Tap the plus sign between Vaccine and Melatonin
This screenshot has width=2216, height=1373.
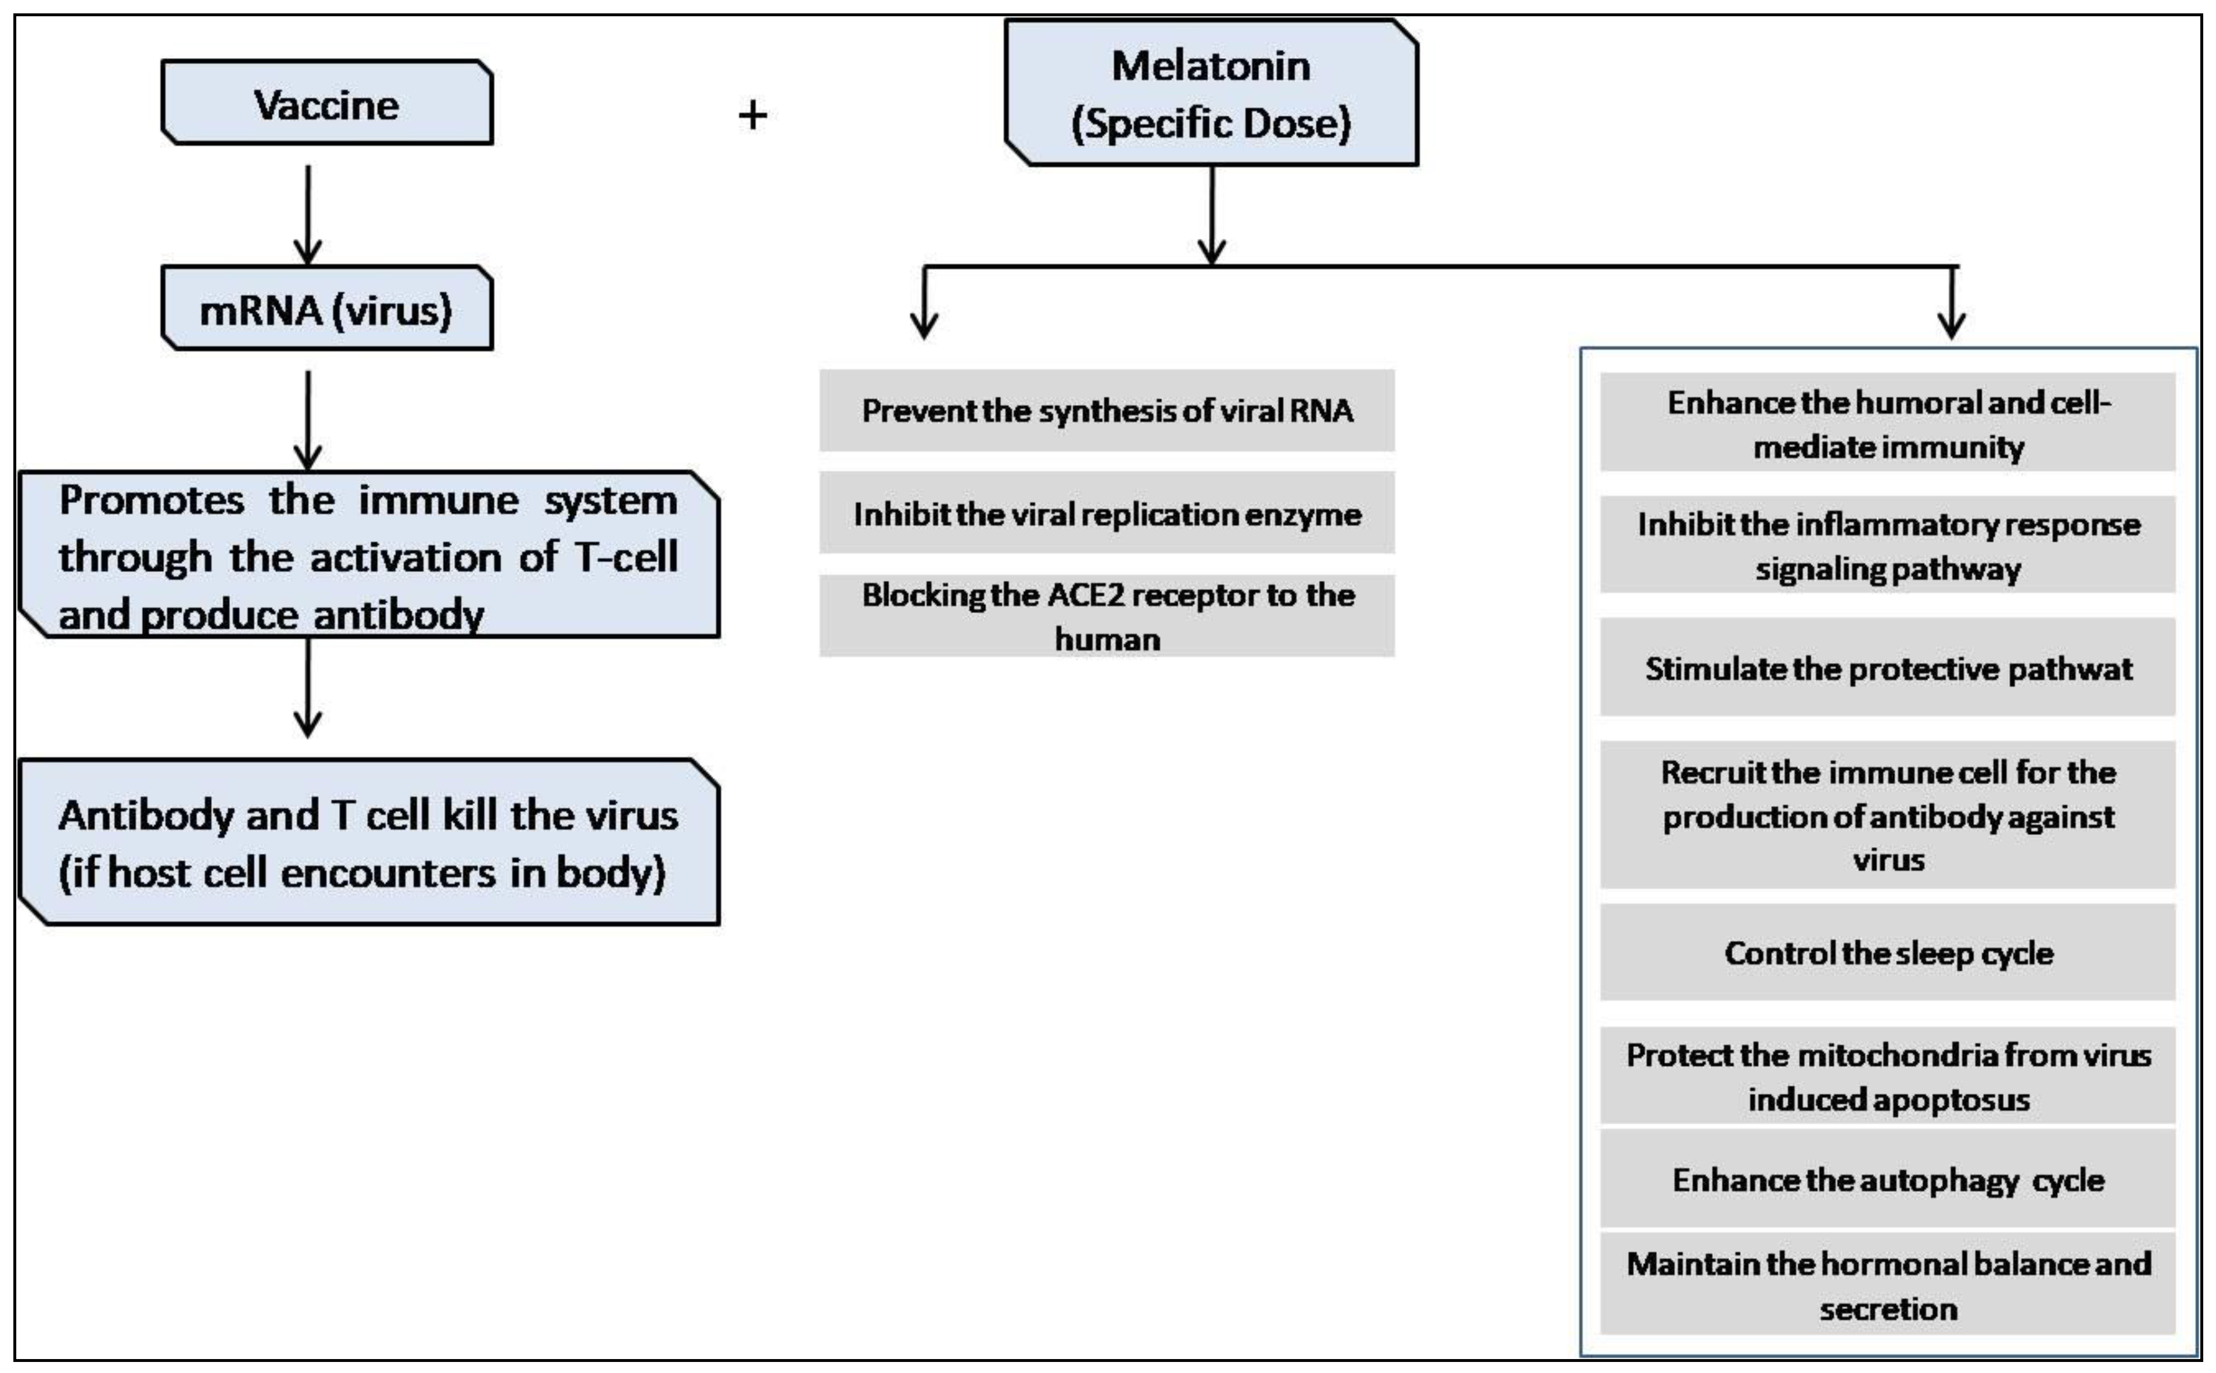pyautogui.click(x=752, y=116)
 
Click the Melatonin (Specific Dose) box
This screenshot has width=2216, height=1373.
pyautogui.click(x=1211, y=94)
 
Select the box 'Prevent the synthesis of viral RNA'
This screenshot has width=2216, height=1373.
pyautogui.click(x=1106, y=411)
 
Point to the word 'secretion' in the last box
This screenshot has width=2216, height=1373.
pyautogui.click(x=1888, y=1309)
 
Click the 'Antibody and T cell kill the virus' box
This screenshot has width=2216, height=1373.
pyautogui.click(x=368, y=843)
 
